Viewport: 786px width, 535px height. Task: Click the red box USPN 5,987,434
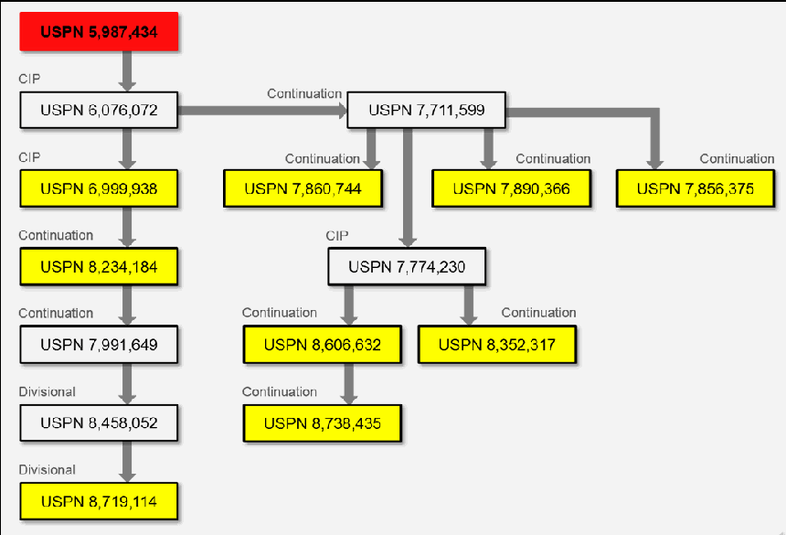pyautogui.click(x=99, y=32)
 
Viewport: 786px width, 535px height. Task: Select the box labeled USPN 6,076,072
pyautogui.click(x=99, y=110)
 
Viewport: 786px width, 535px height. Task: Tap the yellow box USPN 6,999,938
pyautogui.click(x=99, y=188)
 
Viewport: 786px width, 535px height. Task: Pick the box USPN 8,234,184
pyautogui.click(x=99, y=267)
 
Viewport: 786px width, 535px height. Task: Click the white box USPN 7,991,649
pyautogui.click(x=99, y=345)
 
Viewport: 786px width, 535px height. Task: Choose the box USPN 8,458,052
pyautogui.click(x=99, y=423)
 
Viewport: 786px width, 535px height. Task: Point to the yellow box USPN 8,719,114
pyautogui.click(x=99, y=501)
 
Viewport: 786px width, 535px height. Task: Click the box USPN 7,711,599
pyautogui.click(x=426, y=110)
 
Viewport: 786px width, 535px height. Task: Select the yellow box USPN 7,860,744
pyautogui.click(x=303, y=188)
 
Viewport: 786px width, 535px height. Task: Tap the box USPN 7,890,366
pyautogui.click(x=511, y=188)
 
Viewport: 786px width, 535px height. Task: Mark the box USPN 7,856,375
pyautogui.click(x=696, y=188)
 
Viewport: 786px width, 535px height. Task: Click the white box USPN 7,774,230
pyautogui.click(x=407, y=267)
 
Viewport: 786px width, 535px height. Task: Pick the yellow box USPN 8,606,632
pyautogui.click(x=323, y=345)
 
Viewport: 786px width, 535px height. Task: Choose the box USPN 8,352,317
pyautogui.click(x=497, y=345)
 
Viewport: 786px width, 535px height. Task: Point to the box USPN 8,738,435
pyautogui.click(x=323, y=423)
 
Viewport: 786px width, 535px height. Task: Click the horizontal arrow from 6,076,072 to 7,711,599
pyautogui.click(x=262, y=111)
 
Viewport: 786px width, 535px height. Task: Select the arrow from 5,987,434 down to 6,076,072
pyautogui.click(x=127, y=71)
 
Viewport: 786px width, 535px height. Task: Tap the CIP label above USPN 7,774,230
pyautogui.click(x=337, y=236)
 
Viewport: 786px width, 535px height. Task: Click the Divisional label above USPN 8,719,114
pyautogui.click(x=48, y=470)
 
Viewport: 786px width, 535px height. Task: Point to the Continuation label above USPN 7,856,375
pyautogui.click(x=737, y=159)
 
